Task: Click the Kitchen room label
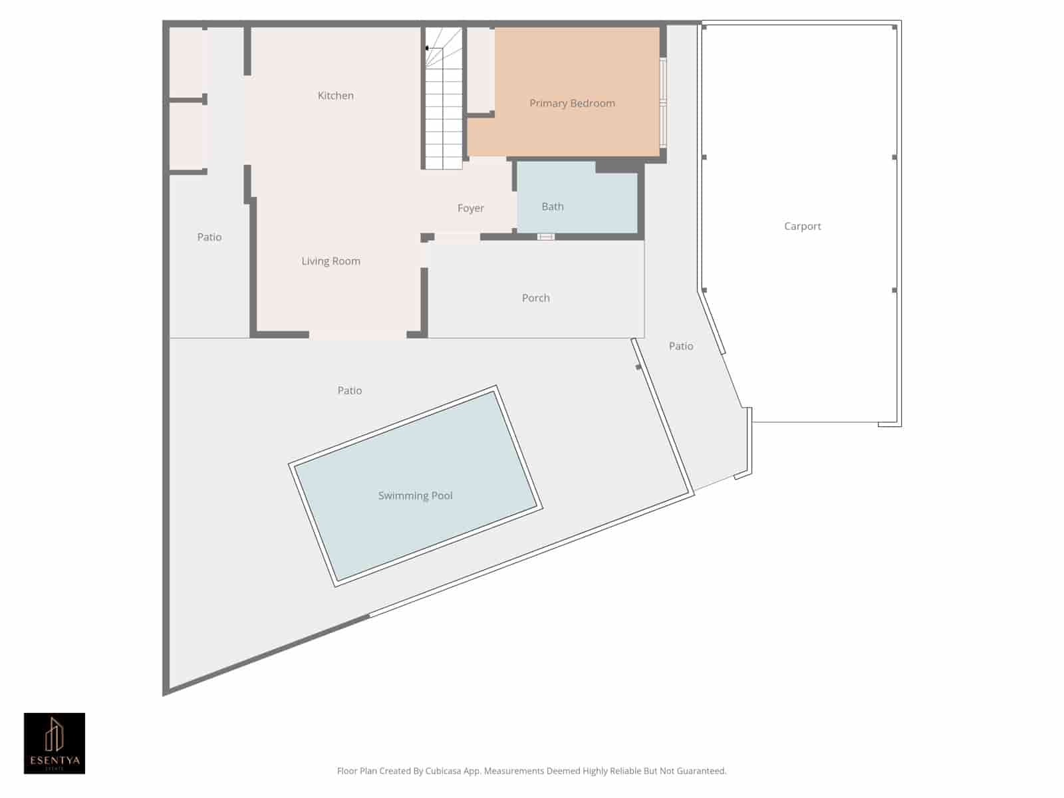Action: [336, 96]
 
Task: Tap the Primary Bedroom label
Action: [572, 103]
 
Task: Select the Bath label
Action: [553, 207]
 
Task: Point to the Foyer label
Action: [471, 208]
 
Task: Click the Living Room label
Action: [331, 261]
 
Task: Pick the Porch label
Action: [536, 298]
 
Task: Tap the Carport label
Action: [803, 226]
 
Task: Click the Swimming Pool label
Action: [415, 495]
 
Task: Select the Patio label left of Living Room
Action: [209, 237]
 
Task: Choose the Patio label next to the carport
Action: [681, 346]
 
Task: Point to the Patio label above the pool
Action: [350, 390]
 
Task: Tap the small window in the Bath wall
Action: [545, 237]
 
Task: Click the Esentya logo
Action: [55, 743]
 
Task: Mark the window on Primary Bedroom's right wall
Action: [663, 103]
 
